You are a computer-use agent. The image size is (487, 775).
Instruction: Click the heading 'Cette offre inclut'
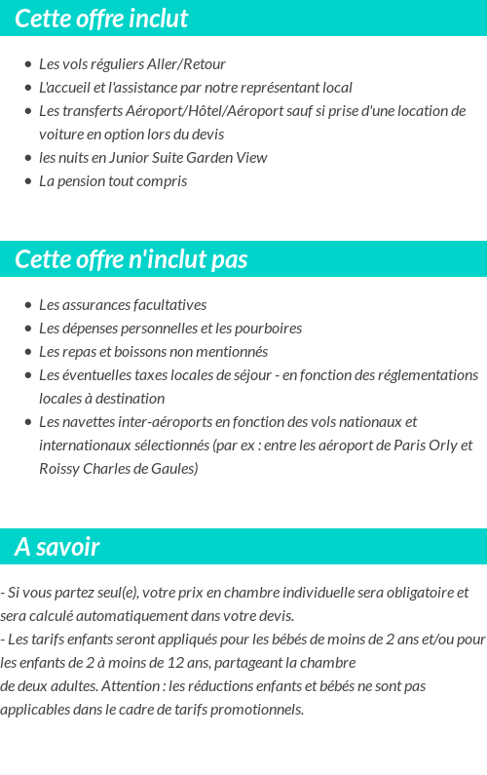click(x=101, y=19)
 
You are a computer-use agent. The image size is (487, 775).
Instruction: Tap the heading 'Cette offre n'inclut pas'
click(x=131, y=259)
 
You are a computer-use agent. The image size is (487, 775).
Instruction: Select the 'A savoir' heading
click(x=57, y=547)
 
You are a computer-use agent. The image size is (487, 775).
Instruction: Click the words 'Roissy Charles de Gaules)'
click(x=119, y=469)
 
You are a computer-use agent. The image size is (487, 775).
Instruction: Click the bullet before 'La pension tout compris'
click(x=28, y=181)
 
